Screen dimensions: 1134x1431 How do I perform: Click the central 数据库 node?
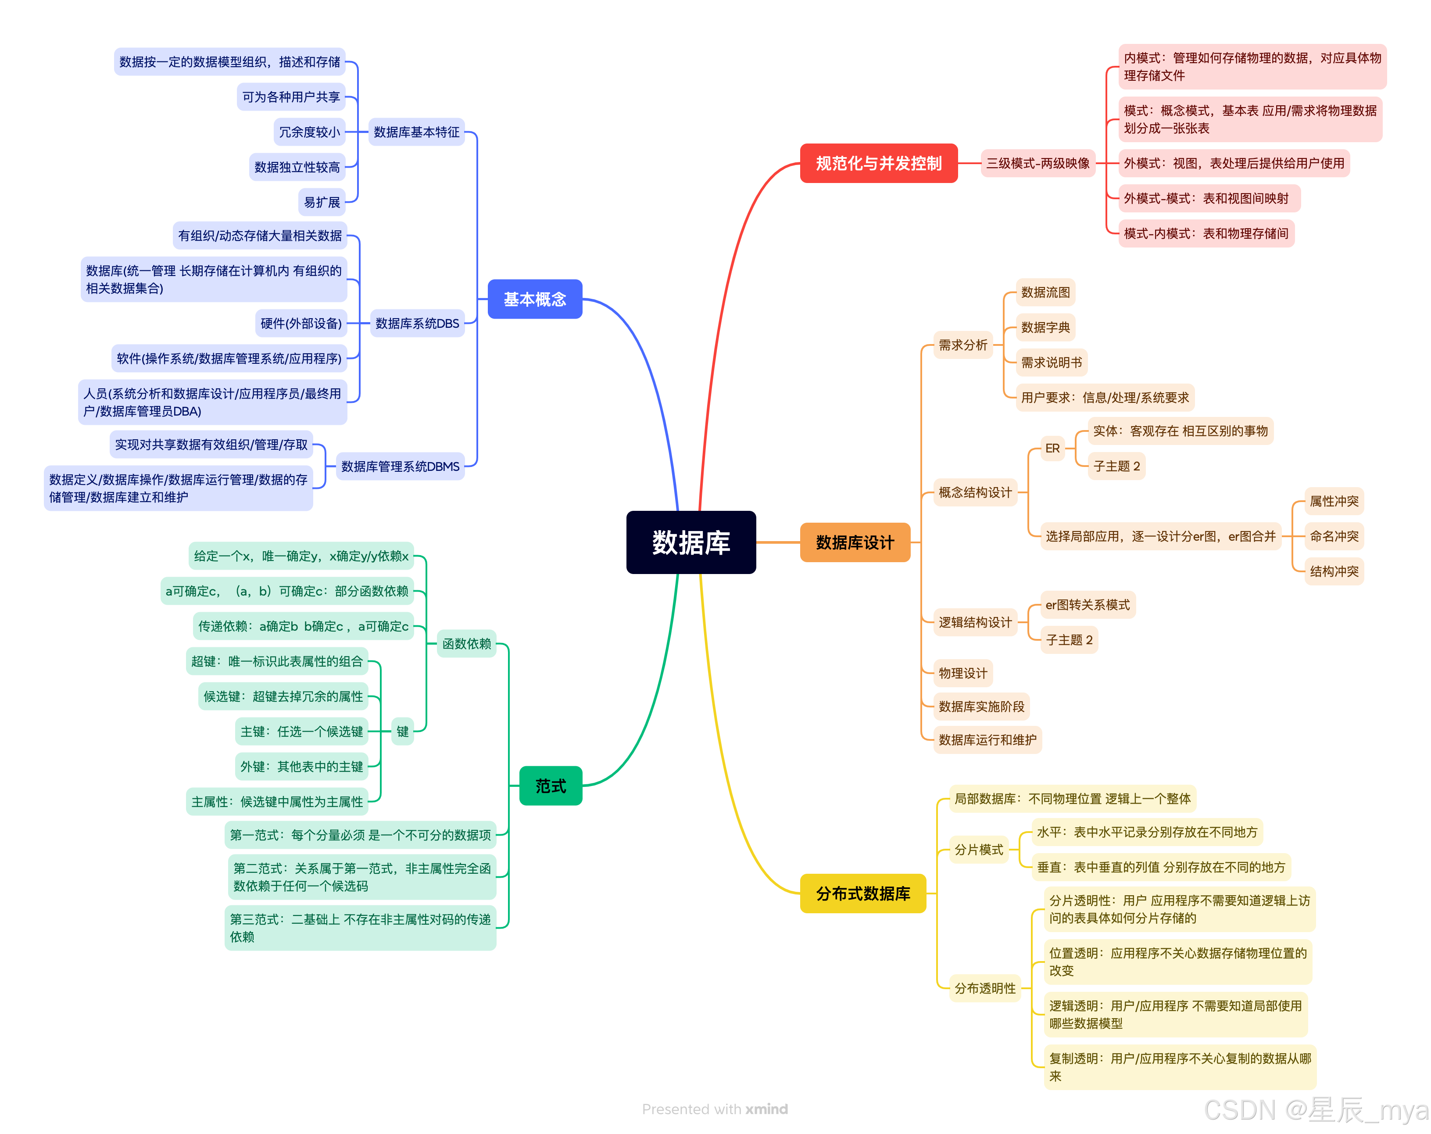[x=690, y=542]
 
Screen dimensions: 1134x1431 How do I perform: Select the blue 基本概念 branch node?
[x=534, y=299]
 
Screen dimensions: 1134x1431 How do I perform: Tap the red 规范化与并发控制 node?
[x=878, y=163]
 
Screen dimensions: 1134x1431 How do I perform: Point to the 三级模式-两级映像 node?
[x=1037, y=163]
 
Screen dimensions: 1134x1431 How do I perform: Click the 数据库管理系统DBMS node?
[x=400, y=466]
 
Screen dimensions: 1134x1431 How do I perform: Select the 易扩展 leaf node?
[x=322, y=202]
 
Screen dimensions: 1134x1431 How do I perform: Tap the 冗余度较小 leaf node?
[x=309, y=132]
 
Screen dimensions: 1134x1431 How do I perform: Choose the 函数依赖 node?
[x=467, y=643]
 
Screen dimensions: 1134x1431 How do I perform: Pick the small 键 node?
[x=402, y=731]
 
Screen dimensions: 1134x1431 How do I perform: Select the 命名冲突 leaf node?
[x=1334, y=536]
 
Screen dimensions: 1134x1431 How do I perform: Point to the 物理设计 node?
[x=962, y=673]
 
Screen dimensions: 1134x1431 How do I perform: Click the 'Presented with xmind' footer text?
[x=715, y=1109]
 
